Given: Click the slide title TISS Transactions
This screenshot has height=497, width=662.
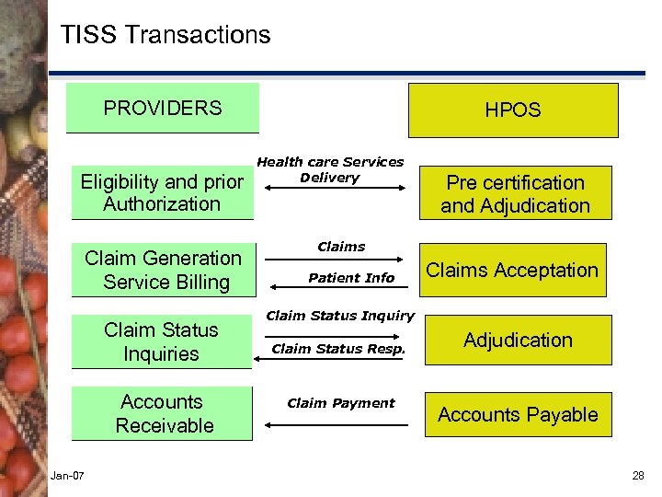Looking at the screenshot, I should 165,36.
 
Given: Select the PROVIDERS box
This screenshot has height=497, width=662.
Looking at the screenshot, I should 163,109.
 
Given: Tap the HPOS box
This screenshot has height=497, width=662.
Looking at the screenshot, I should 513,110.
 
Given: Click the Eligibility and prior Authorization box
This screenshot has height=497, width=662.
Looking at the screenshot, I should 162,193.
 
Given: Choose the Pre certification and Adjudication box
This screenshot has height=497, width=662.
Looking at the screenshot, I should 515,194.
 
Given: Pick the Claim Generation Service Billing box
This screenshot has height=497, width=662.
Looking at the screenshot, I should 164,270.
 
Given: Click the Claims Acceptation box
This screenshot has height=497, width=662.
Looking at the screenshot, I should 513,270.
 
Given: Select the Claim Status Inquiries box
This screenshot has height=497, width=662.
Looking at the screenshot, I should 162,341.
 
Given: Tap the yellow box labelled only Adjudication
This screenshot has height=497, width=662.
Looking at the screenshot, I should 518,341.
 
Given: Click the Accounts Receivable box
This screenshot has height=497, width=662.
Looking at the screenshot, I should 164,413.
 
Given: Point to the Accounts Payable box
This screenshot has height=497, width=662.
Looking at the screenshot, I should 518,415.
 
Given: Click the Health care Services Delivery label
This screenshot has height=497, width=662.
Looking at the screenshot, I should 330,169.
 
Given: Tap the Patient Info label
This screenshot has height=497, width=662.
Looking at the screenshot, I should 351,278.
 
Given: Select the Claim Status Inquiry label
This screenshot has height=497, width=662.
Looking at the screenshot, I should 340,316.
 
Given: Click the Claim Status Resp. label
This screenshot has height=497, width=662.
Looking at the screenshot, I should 338,349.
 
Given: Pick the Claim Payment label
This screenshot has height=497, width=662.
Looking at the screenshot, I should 341,403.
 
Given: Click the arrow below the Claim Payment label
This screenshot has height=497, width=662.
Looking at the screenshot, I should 336,425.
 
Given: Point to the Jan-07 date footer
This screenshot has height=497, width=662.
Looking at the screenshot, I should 68,476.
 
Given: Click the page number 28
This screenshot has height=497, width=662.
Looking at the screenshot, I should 638,476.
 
